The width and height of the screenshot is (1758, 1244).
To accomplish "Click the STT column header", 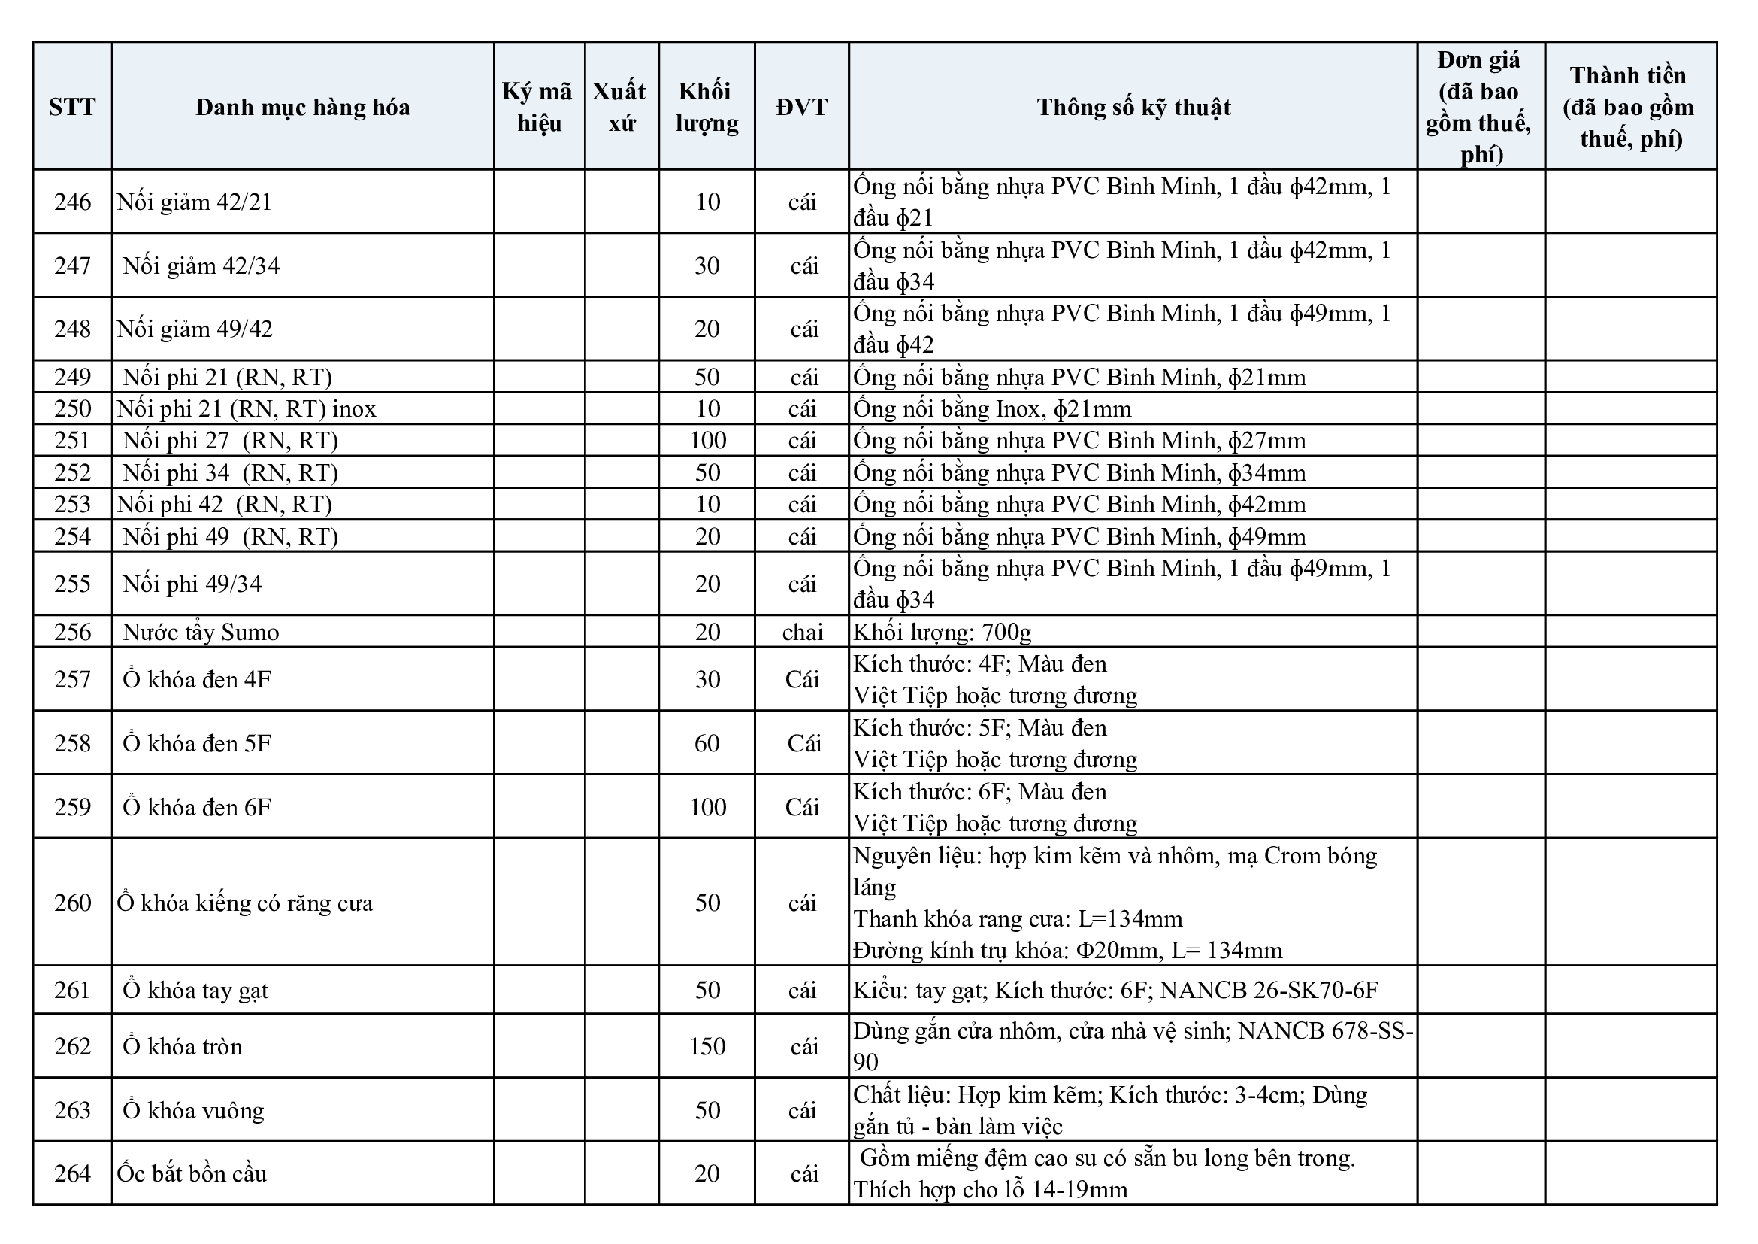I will point(72,107).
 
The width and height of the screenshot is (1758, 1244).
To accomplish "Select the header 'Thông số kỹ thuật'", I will point(1133,107).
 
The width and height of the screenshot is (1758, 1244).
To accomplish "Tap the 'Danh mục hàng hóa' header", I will point(302,107).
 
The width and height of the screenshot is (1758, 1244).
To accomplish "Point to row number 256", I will point(72,632).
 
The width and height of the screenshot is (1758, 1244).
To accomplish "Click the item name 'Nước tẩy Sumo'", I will point(201,632).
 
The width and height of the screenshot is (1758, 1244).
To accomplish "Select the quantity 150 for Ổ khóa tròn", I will point(707,1046).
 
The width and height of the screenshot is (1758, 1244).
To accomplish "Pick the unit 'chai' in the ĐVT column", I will point(802,632).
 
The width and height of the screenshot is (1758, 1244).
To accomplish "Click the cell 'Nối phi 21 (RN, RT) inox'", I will point(247,409).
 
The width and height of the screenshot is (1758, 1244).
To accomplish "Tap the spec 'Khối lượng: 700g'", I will point(943,632).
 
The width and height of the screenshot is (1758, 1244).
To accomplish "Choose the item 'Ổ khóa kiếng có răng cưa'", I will point(245,903).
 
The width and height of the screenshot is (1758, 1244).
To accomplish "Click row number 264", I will point(72,1173).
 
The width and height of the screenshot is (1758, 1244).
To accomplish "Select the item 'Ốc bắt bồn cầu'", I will point(192,1173).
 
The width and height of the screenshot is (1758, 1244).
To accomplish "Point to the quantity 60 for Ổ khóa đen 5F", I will point(707,743).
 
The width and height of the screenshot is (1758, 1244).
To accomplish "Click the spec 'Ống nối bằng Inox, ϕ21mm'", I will point(992,409).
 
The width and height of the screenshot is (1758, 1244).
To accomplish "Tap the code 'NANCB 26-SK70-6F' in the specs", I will point(1269,991).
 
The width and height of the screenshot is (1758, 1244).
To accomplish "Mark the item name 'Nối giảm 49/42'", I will point(195,329).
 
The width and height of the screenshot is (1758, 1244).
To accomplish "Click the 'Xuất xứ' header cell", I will point(621,107).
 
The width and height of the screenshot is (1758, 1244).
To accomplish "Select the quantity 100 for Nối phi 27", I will point(707,441).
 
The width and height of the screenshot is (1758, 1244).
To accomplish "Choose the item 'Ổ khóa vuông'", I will point(193,1111).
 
